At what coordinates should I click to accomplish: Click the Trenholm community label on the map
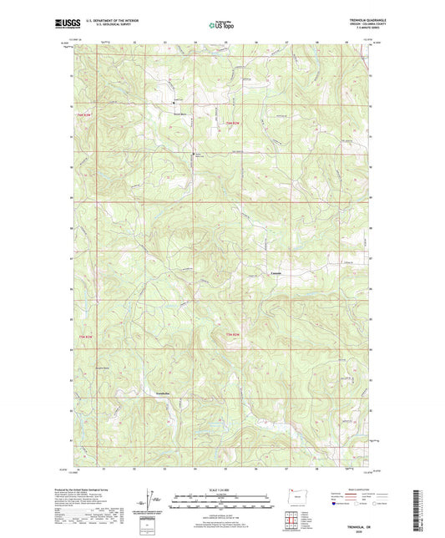click(169, 393)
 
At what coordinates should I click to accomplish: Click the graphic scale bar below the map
click(222, 503)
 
